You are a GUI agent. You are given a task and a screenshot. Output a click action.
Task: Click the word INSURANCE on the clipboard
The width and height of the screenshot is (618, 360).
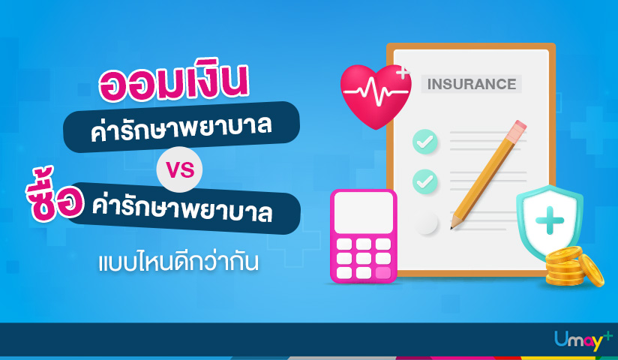coord(471,84)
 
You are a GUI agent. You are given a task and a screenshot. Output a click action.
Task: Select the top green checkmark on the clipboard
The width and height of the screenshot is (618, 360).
coord(424,140)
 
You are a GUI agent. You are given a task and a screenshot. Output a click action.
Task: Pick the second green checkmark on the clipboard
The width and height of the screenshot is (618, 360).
coord(424,181)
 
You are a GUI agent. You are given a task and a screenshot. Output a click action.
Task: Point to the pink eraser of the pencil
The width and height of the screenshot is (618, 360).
coord(516,130)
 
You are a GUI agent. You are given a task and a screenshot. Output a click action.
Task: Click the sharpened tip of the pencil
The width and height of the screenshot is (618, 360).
coord(452,224)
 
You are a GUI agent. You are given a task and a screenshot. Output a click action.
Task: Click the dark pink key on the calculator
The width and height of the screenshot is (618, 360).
coord(383,272)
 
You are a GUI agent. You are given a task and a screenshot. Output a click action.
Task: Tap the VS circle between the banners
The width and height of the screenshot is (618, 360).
coord(180,171)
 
